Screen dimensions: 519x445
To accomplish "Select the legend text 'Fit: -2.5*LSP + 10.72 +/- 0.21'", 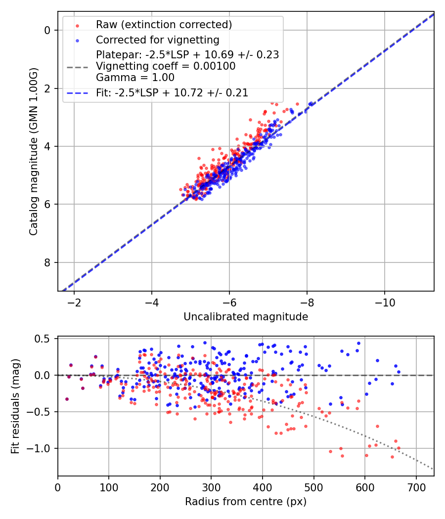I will tap(172, 92).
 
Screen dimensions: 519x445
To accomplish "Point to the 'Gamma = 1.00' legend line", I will tap(135, 78).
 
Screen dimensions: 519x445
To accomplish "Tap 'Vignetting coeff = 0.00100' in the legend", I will tap(166, 66).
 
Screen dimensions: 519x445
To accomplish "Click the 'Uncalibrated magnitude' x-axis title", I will tap(246, 317).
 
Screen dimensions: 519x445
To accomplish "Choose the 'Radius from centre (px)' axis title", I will tap(246, 502).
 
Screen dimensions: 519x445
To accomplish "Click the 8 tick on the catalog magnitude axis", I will tap(48, 262).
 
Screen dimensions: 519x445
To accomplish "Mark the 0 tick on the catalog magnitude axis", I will tap(48, 30).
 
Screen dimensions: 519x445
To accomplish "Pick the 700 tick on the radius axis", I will tap(416, 487).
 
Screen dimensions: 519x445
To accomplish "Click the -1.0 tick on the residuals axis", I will tap(43, 448).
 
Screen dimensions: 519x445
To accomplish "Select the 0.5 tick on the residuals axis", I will tap(45, 339).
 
